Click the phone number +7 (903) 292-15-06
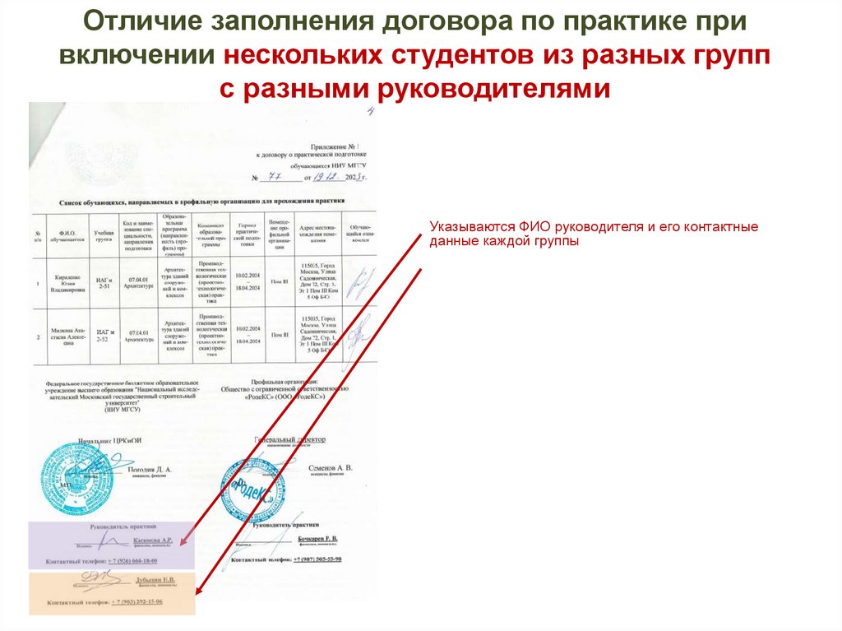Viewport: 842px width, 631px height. tap(136, 601)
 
